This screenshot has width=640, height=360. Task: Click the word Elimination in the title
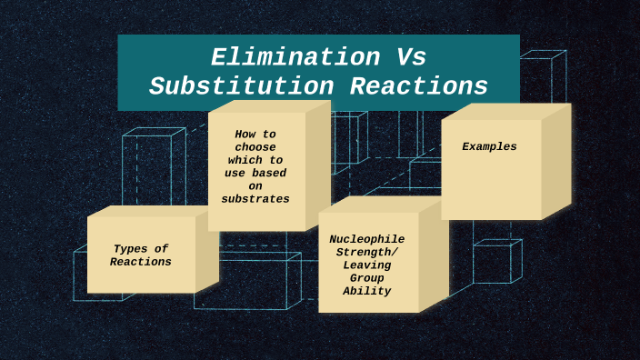[295, 57]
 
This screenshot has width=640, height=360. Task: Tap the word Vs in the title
[411, 57]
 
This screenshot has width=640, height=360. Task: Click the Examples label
[489, 146]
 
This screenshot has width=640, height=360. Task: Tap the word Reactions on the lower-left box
[141, 262]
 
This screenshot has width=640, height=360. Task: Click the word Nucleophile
[366, 239]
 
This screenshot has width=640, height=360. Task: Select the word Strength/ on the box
[367, 252]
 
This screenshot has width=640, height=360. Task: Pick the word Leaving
[367, 265]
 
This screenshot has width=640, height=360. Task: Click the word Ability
[367, 291]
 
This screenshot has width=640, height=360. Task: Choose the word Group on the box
[367, 278]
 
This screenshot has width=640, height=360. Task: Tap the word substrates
[255, 198]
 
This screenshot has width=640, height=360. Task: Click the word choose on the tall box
[255, 146]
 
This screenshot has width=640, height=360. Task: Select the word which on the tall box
[246, 160]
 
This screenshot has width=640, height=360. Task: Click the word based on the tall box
[270, 173]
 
